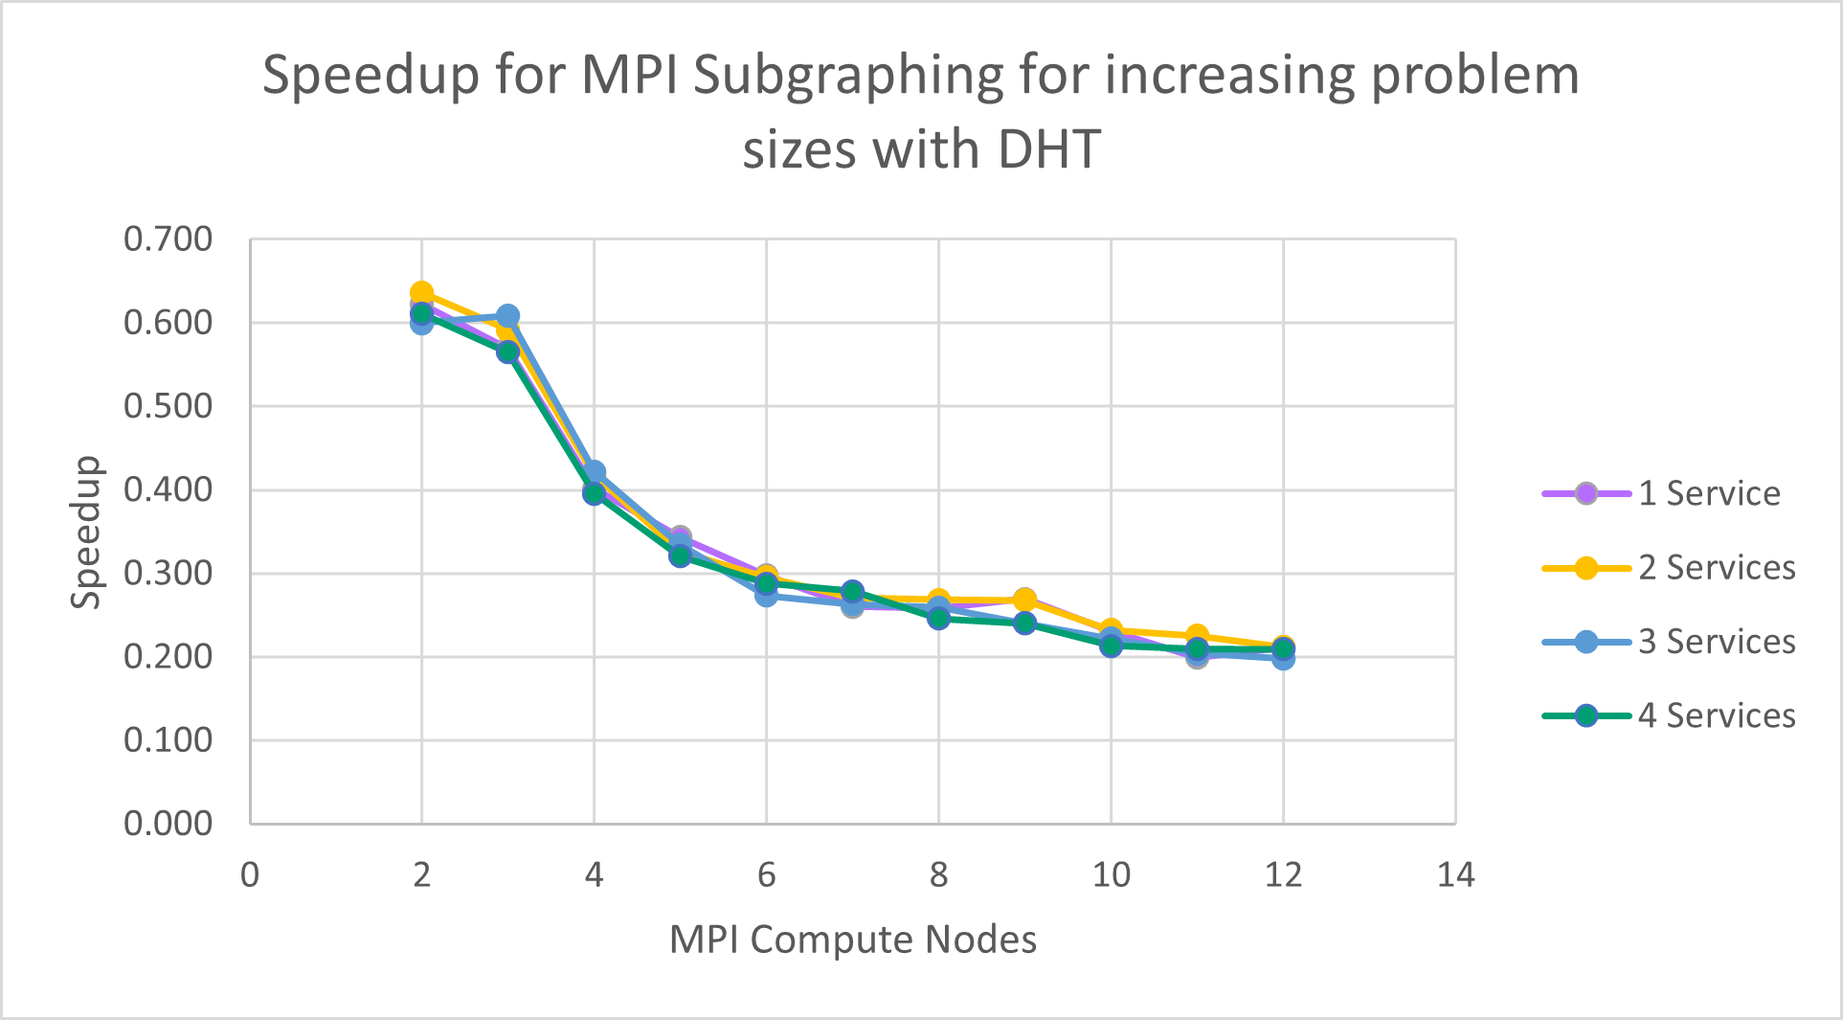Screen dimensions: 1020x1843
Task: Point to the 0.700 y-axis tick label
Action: click(x=168, y=239)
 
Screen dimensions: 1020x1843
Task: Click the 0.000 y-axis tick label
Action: click(x=168, y=824)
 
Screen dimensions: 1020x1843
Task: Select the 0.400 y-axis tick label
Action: click(x=168, y=489)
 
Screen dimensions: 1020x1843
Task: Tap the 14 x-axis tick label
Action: click(x=1455, y=874)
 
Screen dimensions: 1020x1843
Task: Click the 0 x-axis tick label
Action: click(x=250, y=874)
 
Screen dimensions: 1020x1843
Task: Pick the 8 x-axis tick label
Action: click(x=938, y=874)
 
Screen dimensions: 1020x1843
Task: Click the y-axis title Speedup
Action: click(x=86, y=532)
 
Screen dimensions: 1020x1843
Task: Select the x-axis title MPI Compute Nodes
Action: click(x=852, y=940)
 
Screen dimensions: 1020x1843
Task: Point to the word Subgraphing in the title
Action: click(x=847, y=77)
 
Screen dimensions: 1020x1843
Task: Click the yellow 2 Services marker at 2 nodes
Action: click(x=422, y=293)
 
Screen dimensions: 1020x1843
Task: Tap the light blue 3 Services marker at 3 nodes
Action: click(x=508, y=316)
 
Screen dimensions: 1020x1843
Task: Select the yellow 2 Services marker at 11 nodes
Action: click(x=1197, y=636)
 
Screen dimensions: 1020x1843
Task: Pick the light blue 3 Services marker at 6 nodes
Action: click(x=766, y=595)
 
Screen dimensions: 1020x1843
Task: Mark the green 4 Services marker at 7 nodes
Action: click(x=852, y=592)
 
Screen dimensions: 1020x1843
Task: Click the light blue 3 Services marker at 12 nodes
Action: click(x=1283, y=659)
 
